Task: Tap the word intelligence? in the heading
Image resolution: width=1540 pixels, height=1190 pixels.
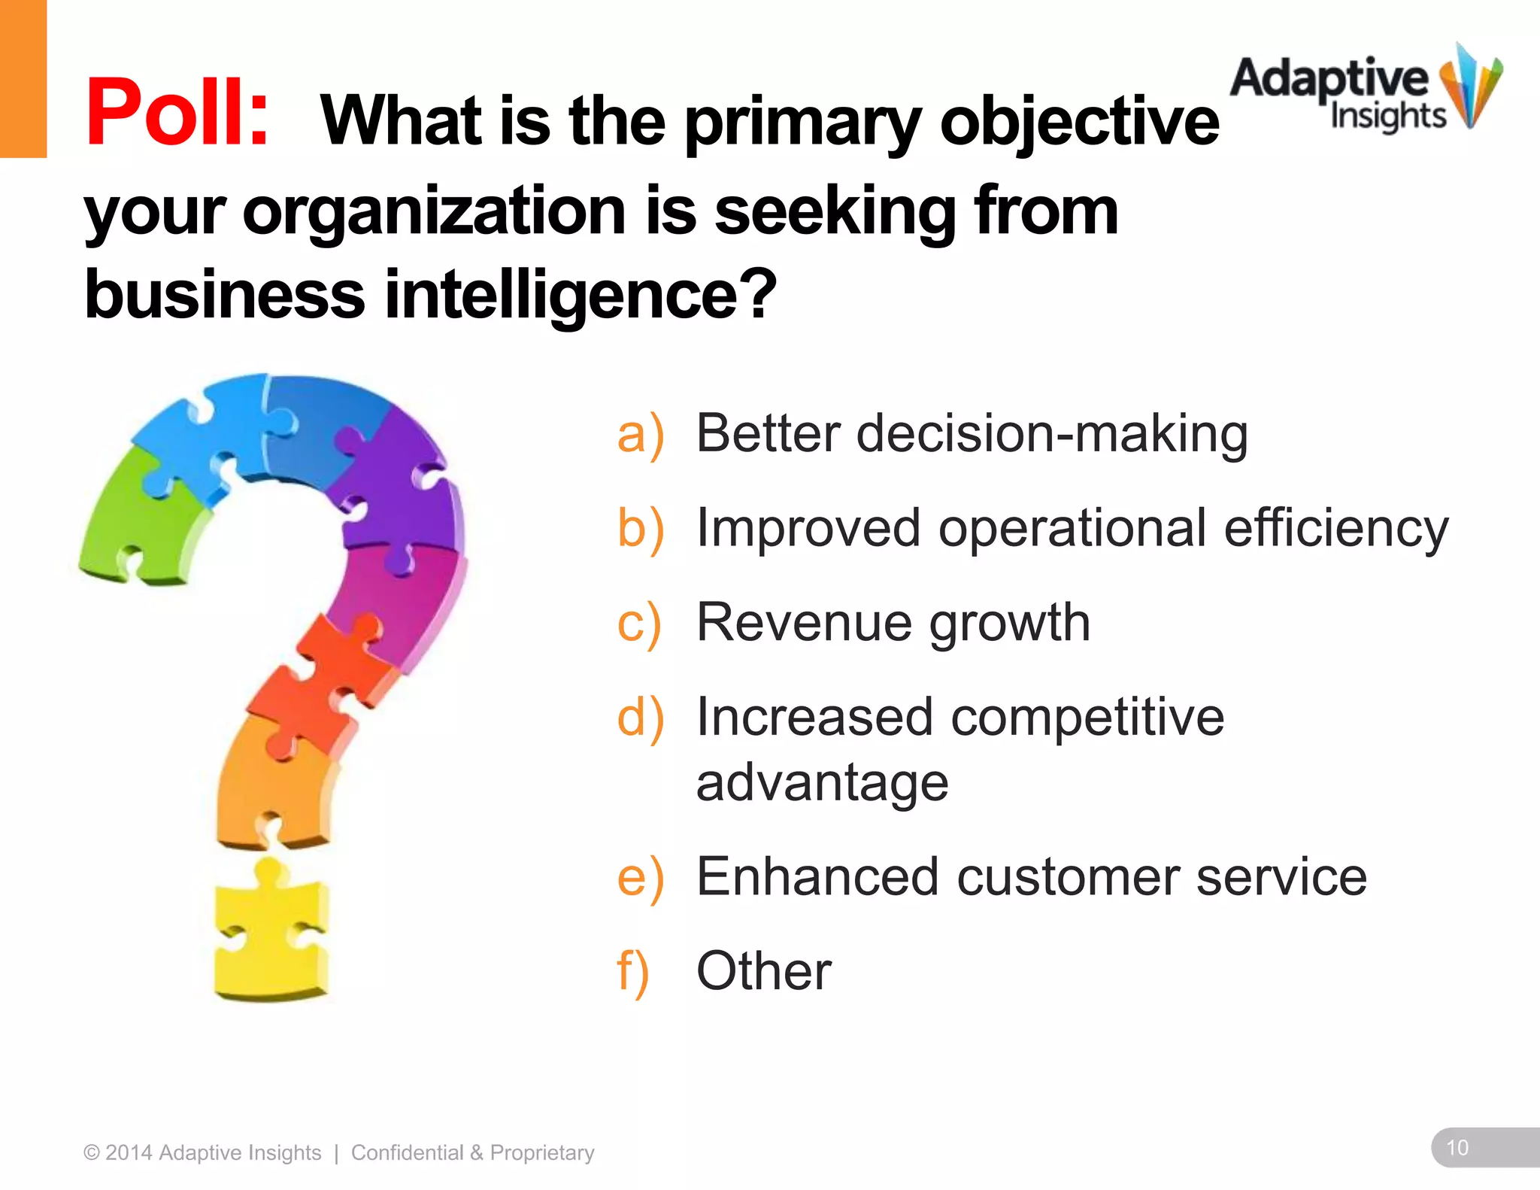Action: click(x=581, y=295)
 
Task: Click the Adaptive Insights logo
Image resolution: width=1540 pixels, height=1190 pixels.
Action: click(x=1365, y=90)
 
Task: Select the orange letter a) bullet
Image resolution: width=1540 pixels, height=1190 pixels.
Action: click(x=640, y=434)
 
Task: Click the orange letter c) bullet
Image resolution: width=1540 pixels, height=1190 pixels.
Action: click(x=638, y=624)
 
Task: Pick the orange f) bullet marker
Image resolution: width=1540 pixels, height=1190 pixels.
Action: click(x=632, y=971)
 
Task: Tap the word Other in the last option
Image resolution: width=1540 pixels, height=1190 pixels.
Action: click(x=763, y=971)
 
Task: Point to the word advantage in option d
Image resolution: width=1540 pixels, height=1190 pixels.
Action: click(x=822, y=783)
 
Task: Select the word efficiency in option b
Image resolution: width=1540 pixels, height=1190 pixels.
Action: click(x=1335, y=528)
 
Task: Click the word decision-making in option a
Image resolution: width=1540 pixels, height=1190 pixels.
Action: click(x=1052, y=434)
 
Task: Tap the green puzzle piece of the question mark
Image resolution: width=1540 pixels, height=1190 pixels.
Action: click(x=139, y=519)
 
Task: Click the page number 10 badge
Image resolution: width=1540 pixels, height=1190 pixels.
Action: click(x=1457, y=1147)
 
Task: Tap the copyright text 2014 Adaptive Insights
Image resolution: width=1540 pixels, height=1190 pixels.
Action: click(x=203, y=1152)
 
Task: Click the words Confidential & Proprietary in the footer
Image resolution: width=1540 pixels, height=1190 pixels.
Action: click(x=472, y=1152)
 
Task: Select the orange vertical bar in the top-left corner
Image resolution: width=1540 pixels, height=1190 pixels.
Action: click(x=23, y=78)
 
